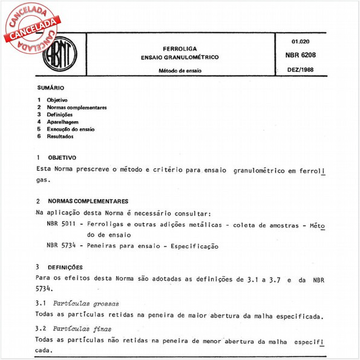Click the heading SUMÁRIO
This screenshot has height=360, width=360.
[x=50, y=88]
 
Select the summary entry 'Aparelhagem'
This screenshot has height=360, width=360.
[x=63, y=122]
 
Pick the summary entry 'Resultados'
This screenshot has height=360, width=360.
[x=60, y=136]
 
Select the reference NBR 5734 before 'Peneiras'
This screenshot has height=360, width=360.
[x=61, y=246]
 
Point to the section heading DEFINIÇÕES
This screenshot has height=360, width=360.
[x=64, y=267]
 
